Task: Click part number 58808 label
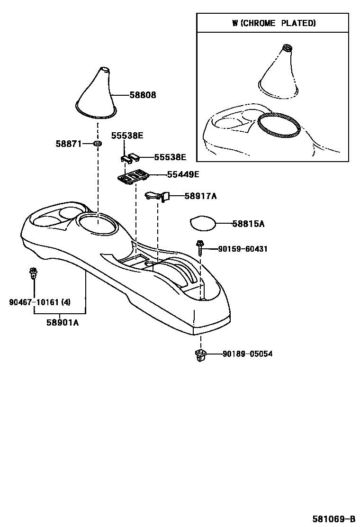pyautogui.click(x=143, y=95)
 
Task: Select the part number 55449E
pyautogui.click(x=183, y=174)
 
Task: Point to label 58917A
pyautogui.click(x=200, y=196)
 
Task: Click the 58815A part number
pyautogui.click(x=248, y=224)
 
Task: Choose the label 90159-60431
pyautogui.click(x=243, y=249)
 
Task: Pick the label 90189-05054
pyautogui.click(x=248, y=354)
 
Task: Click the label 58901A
pyautogui.click(x=63, y=322)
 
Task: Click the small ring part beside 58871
pyautogui.click(x=97, y=143)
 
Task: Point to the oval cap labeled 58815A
pyautogui.click(x=202, y=223)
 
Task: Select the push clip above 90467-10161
pyautogui.click(x=33, y=273)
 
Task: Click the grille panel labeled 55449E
pyautogui.click(x=134, y=177)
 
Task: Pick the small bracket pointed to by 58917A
pyautogui.click(x=157, y=195)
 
